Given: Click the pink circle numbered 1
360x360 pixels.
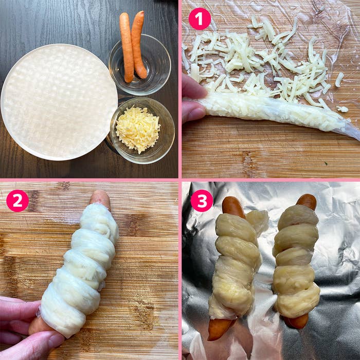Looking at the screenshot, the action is tap(200, 19).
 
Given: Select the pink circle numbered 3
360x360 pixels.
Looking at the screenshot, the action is tap(202, 201).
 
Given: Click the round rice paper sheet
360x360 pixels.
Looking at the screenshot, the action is tap(59, 102).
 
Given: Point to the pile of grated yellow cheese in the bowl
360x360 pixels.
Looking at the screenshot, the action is tap(138, 129).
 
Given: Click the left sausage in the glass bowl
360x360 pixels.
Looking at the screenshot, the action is tap(127, 47).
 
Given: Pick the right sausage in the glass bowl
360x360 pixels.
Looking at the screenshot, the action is tap(139, 45).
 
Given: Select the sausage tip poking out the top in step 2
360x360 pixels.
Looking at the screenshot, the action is tap(101, 199).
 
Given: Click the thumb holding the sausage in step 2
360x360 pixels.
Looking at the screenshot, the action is tap(32, 345).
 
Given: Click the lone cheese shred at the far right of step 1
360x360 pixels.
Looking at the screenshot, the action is tap(339, 79).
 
